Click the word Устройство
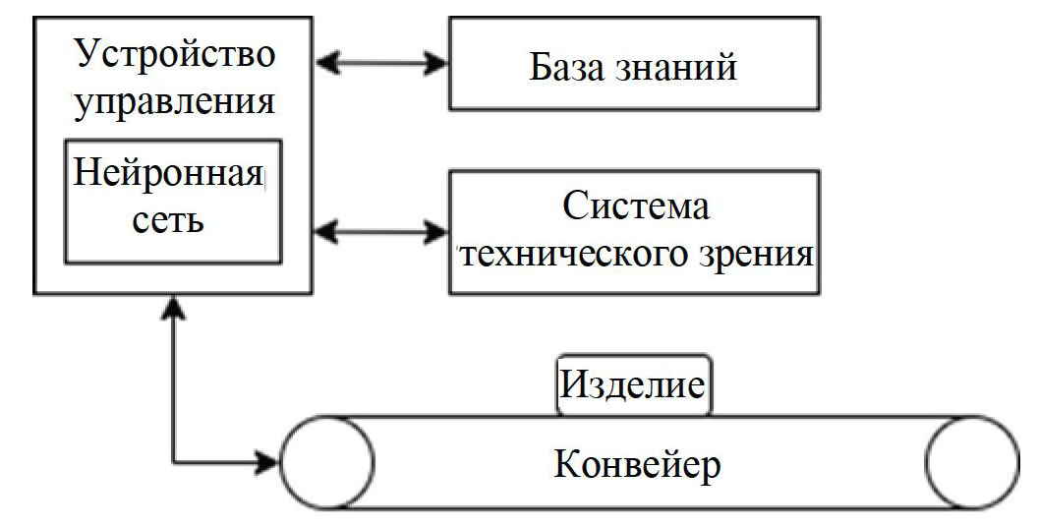coord(175,55)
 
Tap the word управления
coord(175,102)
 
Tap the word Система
coord(635,208)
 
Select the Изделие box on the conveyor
coord(633,384)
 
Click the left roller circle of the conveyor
coord(327,460)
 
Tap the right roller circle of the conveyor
coord(971,460)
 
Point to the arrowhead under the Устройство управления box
coord(175,308)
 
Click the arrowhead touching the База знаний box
coord(437,64)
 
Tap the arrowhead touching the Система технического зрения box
coord(437,233)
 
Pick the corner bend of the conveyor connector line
coord(175,460)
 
